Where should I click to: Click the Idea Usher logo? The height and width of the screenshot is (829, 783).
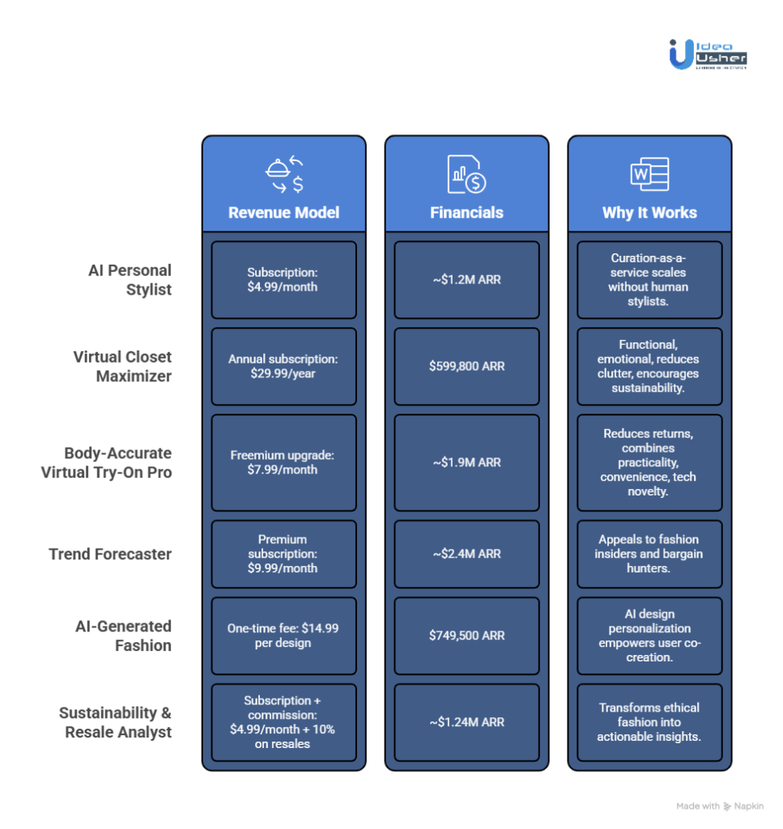point(708,53)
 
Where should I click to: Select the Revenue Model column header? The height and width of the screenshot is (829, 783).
point(283,213)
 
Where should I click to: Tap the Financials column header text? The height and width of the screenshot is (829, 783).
point(466,213)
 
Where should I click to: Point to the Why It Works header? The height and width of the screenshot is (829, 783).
point(649,213)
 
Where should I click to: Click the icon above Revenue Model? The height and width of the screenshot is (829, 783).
point(284,175)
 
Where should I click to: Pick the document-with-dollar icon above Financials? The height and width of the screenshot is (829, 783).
point(466,175)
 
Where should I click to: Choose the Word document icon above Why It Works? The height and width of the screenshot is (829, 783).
point(649,175)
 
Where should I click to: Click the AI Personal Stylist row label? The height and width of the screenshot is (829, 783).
point(130,279)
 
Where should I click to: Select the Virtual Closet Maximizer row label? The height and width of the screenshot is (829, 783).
point(122,366)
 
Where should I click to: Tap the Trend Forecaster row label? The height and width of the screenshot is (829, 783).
point(110,555)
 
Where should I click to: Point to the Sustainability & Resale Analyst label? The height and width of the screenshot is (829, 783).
point(115,722)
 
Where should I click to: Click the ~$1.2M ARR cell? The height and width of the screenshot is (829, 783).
point(466,279)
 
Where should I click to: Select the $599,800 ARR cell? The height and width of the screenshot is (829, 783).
point(466,366)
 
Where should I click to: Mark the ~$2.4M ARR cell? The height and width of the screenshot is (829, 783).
point(466,554)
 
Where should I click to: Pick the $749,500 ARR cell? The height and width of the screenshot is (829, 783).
point(466,636)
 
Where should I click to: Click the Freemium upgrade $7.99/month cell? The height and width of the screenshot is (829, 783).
point(283,462)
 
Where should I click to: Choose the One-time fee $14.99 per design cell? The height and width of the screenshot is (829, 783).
point(283,636)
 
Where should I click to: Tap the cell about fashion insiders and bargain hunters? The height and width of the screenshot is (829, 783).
point(649,554)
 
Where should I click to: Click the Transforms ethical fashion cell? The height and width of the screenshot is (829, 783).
point(649,722)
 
